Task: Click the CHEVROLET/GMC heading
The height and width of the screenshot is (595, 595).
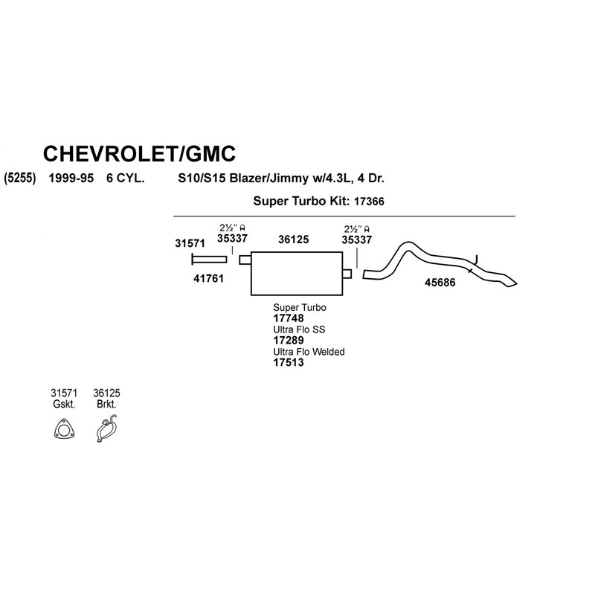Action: click(x=139, y=154)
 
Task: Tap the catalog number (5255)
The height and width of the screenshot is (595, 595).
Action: click(x=20, y=178)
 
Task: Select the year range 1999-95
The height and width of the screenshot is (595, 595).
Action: click(x=71, y=178)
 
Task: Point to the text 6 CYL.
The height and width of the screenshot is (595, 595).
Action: click(x=125, y=178)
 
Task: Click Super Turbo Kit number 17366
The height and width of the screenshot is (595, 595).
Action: click(x=369, y=201)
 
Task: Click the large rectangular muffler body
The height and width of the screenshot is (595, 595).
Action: click(x=297, y=273)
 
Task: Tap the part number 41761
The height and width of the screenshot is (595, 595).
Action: click(x=208, y=278)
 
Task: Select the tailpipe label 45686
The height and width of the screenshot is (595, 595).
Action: click(x=440, y=283)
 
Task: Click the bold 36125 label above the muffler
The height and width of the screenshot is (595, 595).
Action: click(x=293, y=239)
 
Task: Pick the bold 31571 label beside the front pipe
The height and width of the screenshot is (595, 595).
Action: click(x=190, y=243)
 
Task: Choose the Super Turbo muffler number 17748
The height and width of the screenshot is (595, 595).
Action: click(x=289, y=318)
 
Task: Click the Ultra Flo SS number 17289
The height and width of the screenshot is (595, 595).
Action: click(x=289, y=340)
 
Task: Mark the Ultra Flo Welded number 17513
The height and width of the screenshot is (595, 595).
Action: click(x=289, y=362)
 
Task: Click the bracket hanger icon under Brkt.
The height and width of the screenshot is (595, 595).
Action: click(x=106, y=429)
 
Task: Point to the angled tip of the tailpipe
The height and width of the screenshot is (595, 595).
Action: click(x=516, y=283)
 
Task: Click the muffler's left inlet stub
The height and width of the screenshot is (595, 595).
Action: click(x=245, y=260)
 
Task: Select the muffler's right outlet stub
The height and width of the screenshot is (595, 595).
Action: click(x=347, y=274)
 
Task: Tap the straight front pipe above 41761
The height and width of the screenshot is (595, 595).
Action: click(x=209, y=260)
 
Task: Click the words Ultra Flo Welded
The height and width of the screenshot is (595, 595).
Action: click(x=309, y=352)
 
